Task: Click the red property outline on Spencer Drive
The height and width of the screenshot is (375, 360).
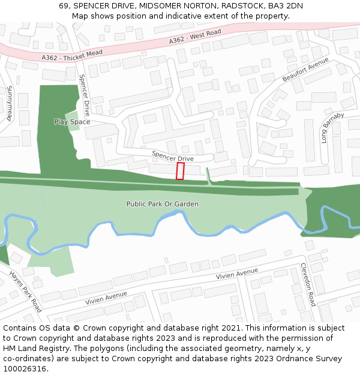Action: click(180, 171)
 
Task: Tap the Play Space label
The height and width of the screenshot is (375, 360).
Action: click(72, 122)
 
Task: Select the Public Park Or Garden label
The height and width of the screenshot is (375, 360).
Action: click(162, 204)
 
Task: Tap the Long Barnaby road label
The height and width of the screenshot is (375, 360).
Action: click(332, 127)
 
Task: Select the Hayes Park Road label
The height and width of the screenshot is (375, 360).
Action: click(25, 291)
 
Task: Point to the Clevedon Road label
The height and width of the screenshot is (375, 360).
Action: click(308, 284)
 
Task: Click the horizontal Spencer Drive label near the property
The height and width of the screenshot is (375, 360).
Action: click(172, 156)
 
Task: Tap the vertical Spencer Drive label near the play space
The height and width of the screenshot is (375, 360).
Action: click(85, 95)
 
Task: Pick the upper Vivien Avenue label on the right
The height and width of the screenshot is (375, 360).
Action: click(237, 275)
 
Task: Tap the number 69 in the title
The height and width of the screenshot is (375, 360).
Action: click(64, 6)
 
